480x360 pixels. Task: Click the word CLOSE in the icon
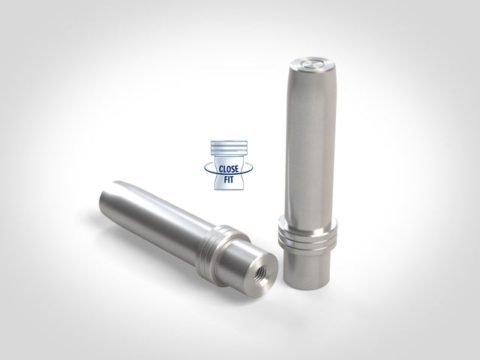tap(229, 169)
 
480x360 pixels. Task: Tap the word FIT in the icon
tap(228, 179)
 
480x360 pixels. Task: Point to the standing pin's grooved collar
tap(307, 235)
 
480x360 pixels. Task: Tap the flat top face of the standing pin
tap(312, 64)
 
